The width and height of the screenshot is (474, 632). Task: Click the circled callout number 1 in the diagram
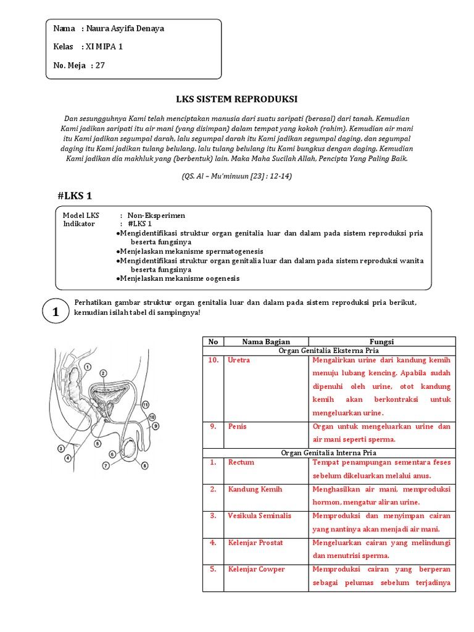point(88,367)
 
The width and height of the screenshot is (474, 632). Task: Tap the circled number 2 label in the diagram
point(103,373)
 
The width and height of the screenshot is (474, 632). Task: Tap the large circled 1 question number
point(56,313)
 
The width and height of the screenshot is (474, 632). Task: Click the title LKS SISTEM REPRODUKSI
point(237,99)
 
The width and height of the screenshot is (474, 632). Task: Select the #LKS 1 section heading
point(75,196)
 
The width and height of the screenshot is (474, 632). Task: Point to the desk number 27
point(100,65)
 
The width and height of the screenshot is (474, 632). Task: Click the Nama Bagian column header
point(265,341)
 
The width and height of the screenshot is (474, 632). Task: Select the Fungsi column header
point(381,341)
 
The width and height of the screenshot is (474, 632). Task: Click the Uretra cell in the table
point(239,360)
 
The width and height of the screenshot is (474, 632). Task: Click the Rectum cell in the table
point(241,462)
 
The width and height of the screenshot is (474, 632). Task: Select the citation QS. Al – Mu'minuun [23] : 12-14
point(237,176)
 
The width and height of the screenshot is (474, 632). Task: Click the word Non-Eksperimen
point(156,215)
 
